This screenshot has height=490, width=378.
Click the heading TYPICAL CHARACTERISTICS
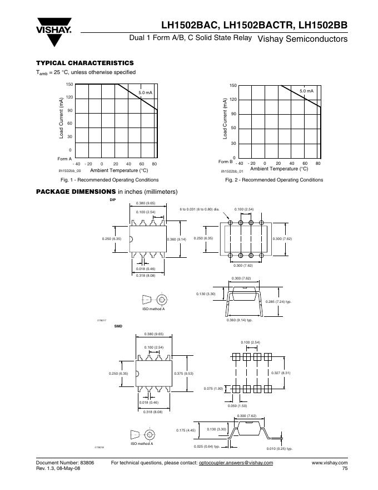pos(84,63)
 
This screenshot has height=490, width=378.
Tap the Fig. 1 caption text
pos(110,180)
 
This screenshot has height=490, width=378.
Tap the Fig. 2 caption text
pos(274,180)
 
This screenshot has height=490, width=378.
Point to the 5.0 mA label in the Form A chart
pos(146,91)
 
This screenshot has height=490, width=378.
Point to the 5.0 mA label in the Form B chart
pos(306,90)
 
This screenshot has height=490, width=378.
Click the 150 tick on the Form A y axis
pos(69,84)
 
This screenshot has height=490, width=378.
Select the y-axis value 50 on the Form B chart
pos(233,128)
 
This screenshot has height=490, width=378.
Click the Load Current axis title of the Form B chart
pos(226,119)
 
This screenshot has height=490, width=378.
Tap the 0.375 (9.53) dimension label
pos(183,373)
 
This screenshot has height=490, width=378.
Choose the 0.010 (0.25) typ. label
pos(280,448)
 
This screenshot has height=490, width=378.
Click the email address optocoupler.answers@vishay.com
pos(236,463)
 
